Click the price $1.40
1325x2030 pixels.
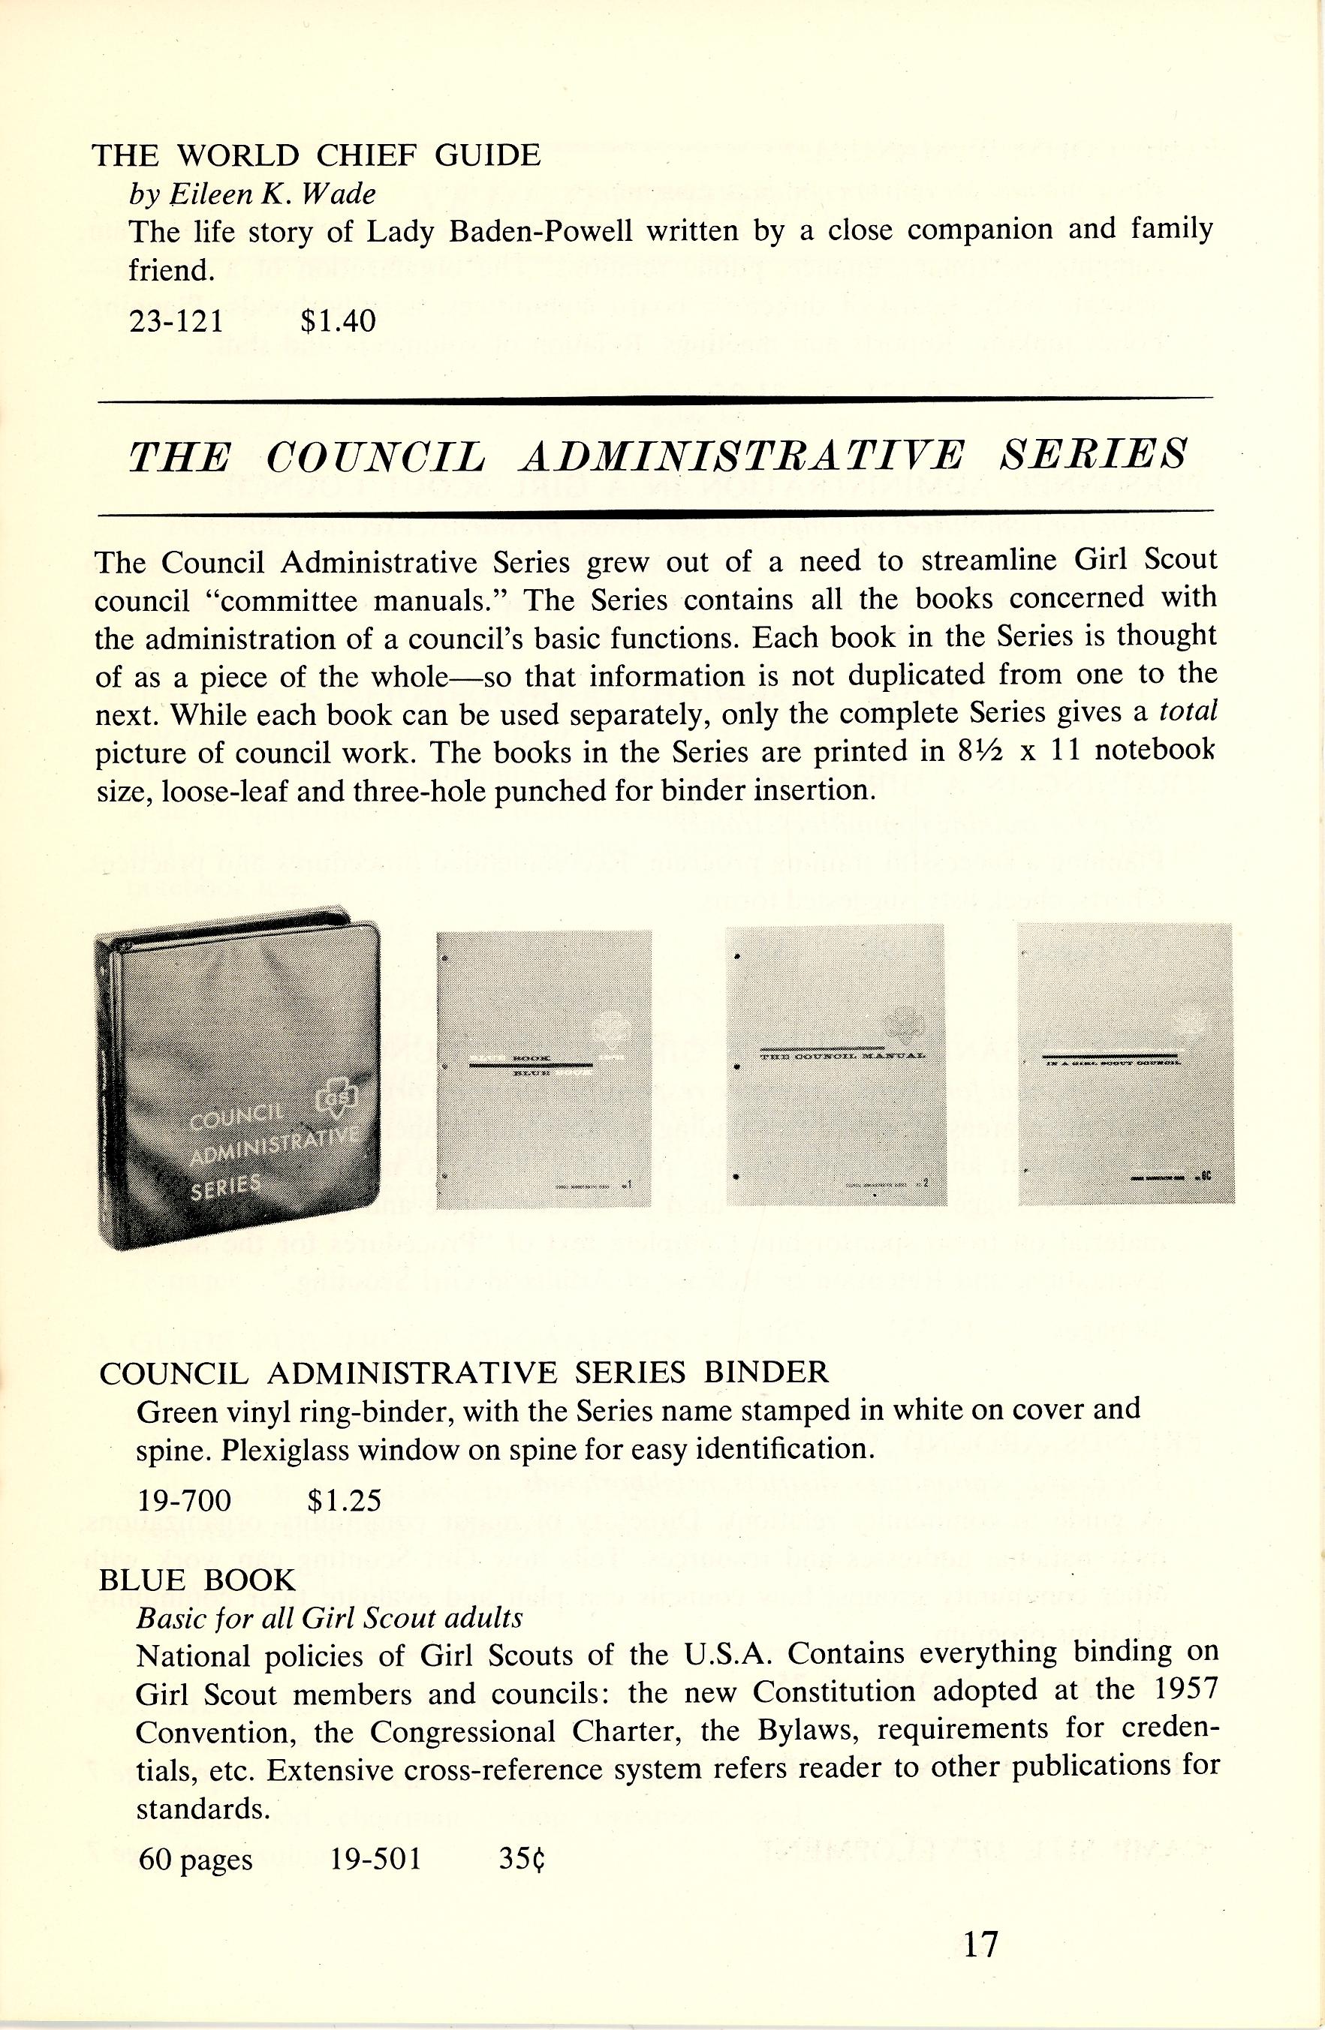338,320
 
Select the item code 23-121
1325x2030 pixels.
176,320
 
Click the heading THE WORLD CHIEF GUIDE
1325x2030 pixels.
316,155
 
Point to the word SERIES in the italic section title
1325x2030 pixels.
1094,454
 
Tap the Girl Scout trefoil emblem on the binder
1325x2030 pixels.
331,1105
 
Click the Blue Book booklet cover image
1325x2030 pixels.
544,1069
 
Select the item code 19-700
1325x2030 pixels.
183,1499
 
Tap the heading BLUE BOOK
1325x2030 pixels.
197,1580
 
